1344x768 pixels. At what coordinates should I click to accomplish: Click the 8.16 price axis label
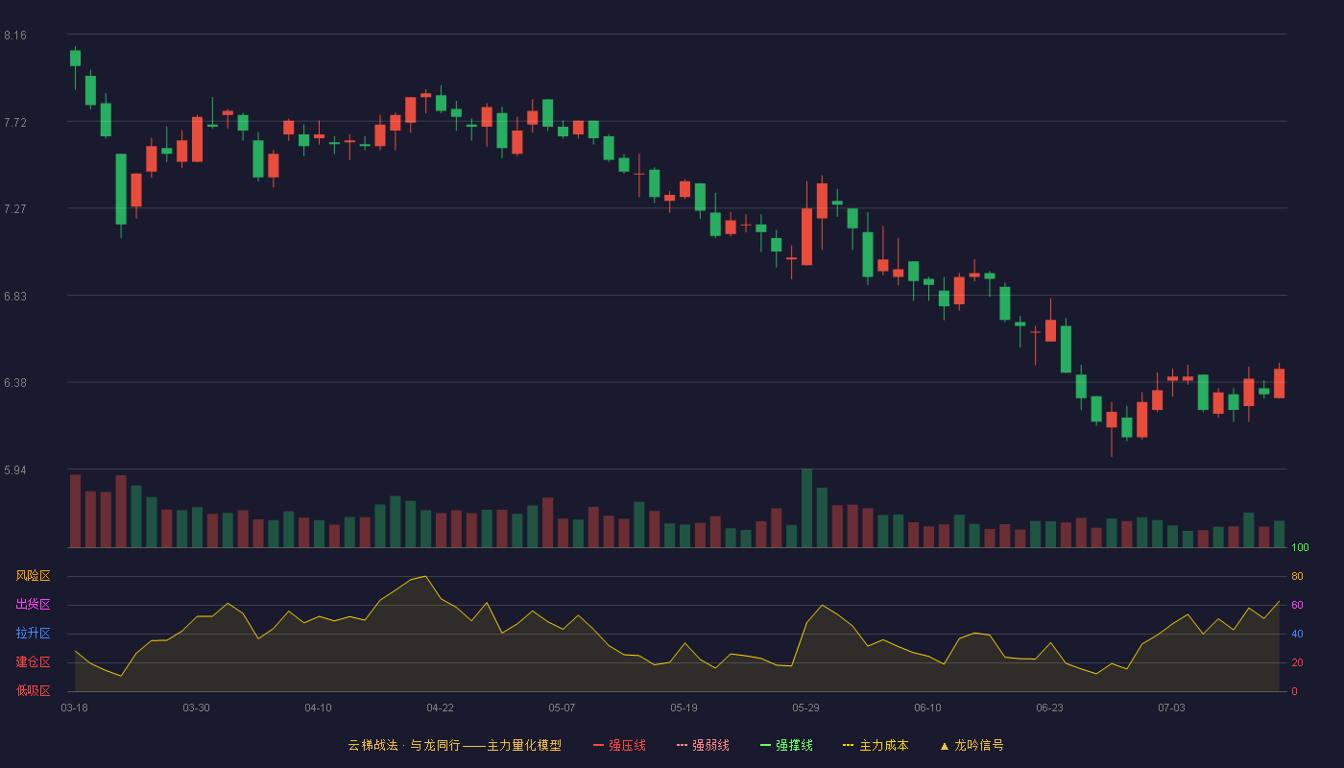pyautogui.click(x=15, y=36)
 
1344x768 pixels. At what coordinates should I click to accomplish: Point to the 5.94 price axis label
pyautogui.click(x=15, y=470)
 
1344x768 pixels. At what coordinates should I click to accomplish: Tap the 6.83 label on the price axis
pyautogui.click(x=15, y=297)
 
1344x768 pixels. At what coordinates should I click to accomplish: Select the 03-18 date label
pyautogui.click(x=75, y=708)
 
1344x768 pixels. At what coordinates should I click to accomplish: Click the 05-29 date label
pyautogui.click(x=805, y=708)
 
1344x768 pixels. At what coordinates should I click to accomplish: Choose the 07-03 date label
pyautogui.click(x=1172, y=708)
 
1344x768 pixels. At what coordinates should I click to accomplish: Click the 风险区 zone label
pyautogui.click(x=33, y=576)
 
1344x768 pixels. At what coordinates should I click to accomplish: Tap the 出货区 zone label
pyautogui.click(x=33, y=604)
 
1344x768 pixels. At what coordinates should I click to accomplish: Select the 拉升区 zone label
pyautogui.click(x=33, y=633)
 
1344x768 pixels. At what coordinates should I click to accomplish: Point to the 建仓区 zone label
pyautogui.click(x=33, y=661)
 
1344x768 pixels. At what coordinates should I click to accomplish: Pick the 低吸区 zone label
pyautogui.click(x=33, y=690)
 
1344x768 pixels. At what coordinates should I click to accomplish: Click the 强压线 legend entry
pyautogui.click(x=620, y=745)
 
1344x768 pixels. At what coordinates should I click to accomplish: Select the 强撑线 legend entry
pyautogui.click(x=786, y=745)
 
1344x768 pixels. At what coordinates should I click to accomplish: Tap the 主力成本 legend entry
pyautogui.click(x=876, y=745)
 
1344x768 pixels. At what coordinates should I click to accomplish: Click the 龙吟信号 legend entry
pyautogui.click(x=972, y=745)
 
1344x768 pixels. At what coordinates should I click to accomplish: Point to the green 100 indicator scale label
pyautogui.click(x=1300, y=547)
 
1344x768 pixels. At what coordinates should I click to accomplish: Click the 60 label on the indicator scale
pyautogui.click(x=1297, y=605)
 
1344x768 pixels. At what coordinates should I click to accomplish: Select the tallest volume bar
pyautogui.click(x=807, y=508)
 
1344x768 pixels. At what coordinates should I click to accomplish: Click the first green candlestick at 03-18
pyautogui.click(x=75, y=59)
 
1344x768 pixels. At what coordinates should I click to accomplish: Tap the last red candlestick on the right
pyautogui.click(x=1279, y=383)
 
